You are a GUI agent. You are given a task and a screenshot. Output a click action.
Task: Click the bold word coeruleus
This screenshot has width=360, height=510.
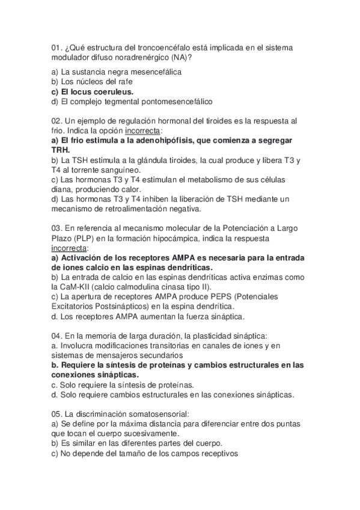point(112,91)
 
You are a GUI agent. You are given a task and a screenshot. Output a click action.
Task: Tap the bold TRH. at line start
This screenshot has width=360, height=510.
point(61,150)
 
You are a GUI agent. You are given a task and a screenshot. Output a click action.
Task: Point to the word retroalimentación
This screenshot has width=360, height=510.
point(139,209)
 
